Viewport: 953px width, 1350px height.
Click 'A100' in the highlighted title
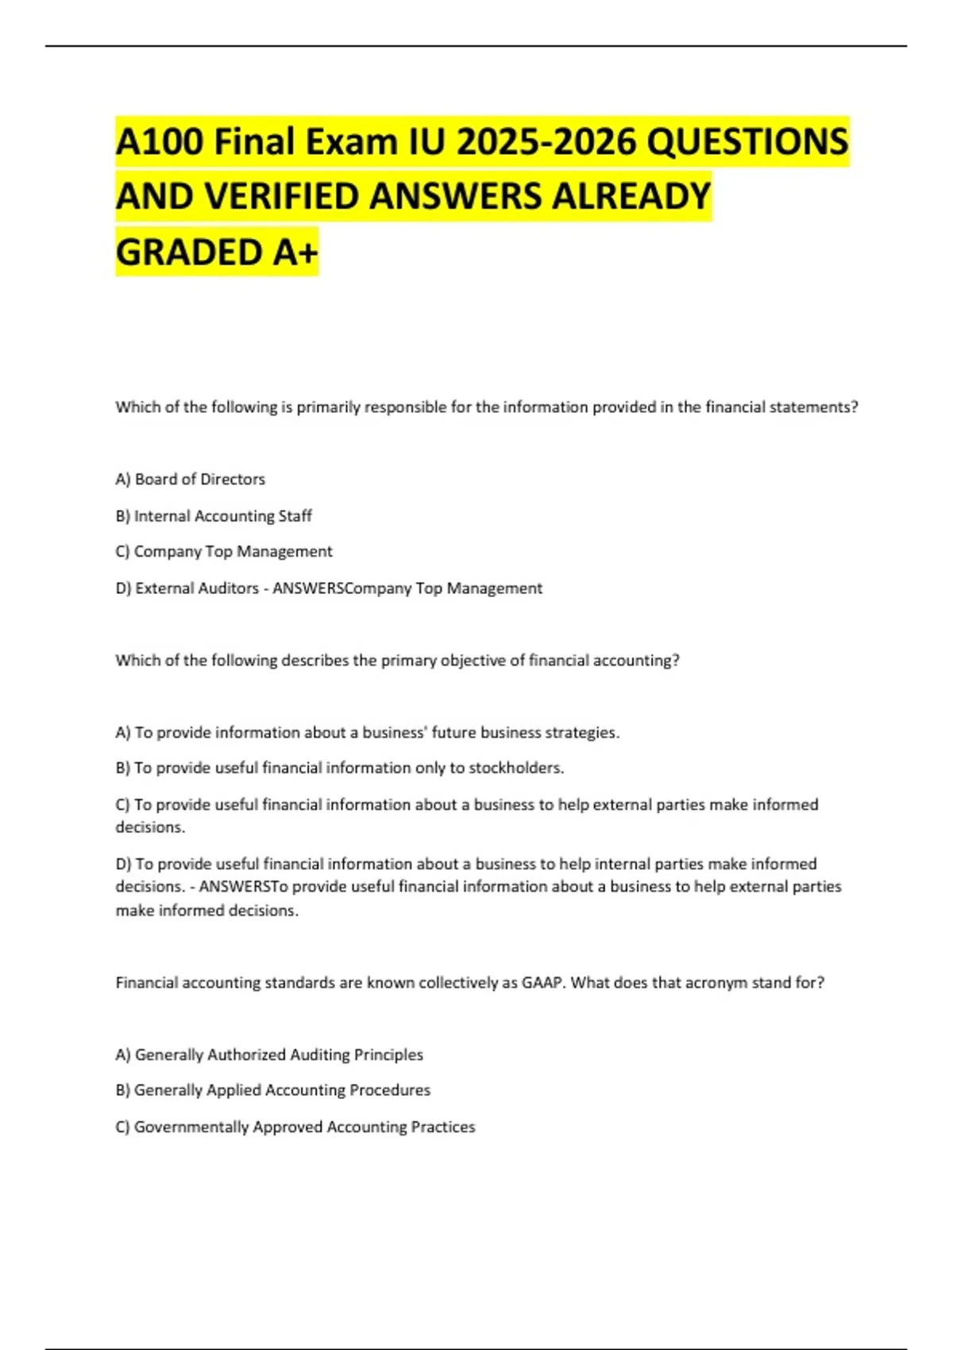pos(159,143)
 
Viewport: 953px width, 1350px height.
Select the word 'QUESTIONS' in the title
pos(747,143)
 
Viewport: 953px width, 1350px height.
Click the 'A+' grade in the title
pos(295,253)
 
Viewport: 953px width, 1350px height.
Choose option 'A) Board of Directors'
pos(191,480)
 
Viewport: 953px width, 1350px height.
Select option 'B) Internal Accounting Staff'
pos(214,516)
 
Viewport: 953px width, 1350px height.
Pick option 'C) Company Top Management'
pos(224,552)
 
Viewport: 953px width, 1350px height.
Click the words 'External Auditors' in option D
pos(197,588)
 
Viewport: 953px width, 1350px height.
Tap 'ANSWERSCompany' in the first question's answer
pos(342,588)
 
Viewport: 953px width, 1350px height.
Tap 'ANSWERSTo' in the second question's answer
pos(243,887)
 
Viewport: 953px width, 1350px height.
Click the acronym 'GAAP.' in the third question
pos(543,983)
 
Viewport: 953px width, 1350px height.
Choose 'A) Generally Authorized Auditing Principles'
pos(269,1055)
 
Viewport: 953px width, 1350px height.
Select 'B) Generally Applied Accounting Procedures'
pos(273,1090)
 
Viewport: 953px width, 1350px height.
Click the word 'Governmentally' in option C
pos(191,1127)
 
